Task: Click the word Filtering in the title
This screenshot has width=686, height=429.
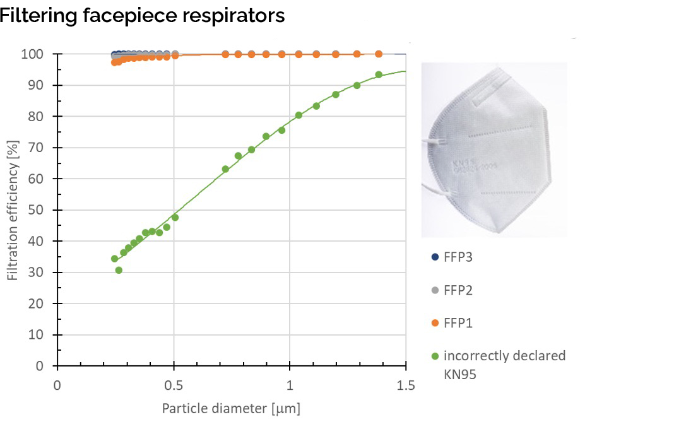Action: (39, 15)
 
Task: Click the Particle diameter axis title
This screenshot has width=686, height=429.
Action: (231, 409)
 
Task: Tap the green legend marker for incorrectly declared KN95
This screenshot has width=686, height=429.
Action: (435, 356)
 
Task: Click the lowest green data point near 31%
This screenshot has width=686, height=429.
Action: (119, 270)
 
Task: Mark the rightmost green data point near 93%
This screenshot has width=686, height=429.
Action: (379, 74)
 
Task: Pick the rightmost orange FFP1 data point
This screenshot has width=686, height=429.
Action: (379, 54)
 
